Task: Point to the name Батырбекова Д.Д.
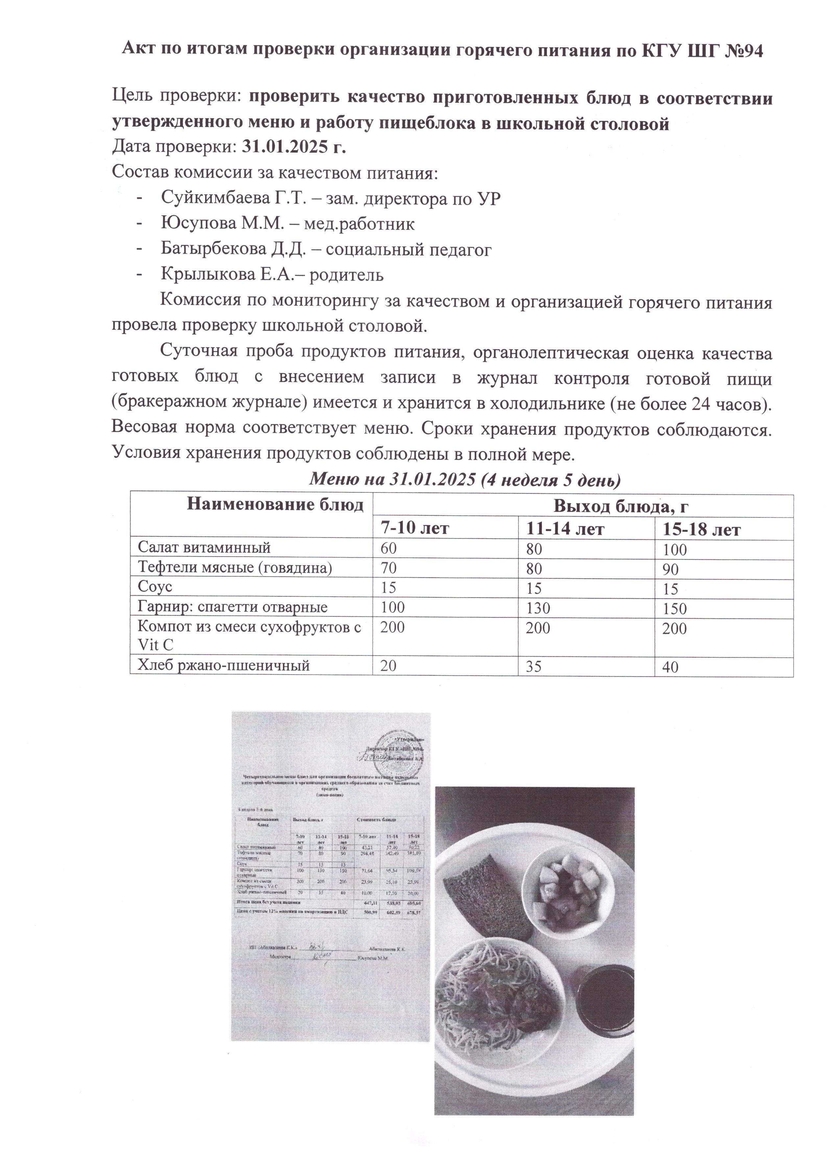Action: point(234,249)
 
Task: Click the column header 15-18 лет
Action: point(701,530)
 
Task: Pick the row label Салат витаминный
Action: point(204,548)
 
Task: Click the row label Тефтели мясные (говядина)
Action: point(234,567)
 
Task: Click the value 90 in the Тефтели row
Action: point(671,570)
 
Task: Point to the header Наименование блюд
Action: point(275,505)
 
